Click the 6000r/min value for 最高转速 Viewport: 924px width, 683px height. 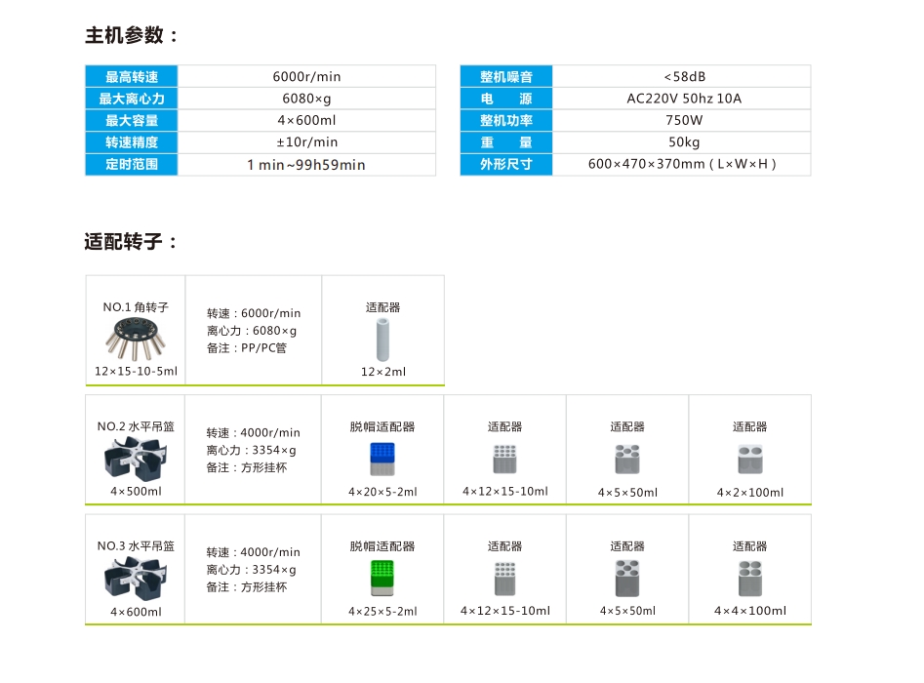(x=306, y=77)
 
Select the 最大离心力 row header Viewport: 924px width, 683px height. (x=132, y=99)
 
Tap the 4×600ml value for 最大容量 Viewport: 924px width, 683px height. (x=306, y=120)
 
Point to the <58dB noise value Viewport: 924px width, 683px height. (x=684, y=77)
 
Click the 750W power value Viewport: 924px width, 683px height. (x=684, y=120)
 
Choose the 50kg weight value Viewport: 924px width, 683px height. (x=684, y=142)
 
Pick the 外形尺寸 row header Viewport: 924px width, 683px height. (x=506, y=165)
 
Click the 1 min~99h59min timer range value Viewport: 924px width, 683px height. (x=305, y=165)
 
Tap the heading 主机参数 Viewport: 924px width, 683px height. (x=131, y=35)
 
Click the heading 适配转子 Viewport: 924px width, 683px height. (x=131, y=242)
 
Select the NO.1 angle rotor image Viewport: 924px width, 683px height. (x=137, y=339)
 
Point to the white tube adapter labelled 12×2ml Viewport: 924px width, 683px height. (x=383, y=340)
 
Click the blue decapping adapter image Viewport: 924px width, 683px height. (x=382, y=459)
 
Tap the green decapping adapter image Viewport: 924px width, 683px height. (x=382, y=578)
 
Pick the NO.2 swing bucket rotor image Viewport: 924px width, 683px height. (x=137, y=459)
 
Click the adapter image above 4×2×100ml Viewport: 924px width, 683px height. (x=750, y=460)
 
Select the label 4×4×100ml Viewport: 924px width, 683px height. (x=750, y=611)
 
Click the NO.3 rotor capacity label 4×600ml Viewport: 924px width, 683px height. (x=137, y=612)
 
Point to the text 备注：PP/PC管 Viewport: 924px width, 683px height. (x=247, y=348)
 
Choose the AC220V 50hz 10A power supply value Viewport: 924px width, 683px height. (x=684, y=99)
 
